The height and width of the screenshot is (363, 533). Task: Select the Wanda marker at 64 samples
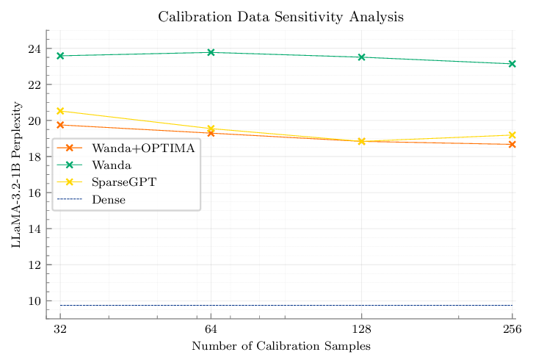coord(211,52)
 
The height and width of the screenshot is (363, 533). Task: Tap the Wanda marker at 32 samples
coord(61,56)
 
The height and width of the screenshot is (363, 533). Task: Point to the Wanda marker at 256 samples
coord(512,64)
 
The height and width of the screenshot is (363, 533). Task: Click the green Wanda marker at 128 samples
coord(361,57)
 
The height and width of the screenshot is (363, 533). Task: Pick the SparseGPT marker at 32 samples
coord(61,111)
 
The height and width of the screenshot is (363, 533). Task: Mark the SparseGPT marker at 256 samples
coord(512,135)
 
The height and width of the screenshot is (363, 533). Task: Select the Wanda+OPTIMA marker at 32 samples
coord(61,125)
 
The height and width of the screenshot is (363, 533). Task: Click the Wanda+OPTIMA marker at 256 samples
coord(512,144)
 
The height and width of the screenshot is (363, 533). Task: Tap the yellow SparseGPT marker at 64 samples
coord(211,129)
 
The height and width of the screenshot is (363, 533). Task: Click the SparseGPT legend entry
coord(121,181)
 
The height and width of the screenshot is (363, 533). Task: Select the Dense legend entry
coord(108,198)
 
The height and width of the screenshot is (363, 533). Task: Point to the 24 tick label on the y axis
coord(34,49)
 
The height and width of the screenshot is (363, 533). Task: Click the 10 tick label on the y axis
coord(34,301)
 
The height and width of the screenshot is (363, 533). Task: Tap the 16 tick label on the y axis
coord(34,193)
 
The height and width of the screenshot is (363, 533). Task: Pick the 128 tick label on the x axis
coord(361,330)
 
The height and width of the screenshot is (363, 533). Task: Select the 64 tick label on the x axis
coord(211,330)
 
